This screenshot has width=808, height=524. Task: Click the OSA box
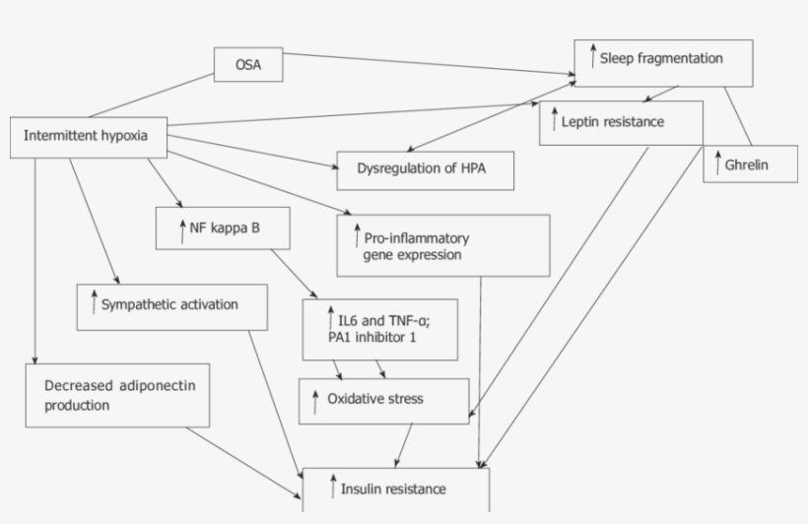pos(248,66)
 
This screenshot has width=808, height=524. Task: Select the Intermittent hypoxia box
pos(87,136)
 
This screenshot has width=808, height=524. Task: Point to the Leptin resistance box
pos(621,123)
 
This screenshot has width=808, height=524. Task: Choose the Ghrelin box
pos(750,164)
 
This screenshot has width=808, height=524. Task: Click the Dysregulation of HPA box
pos(425,170)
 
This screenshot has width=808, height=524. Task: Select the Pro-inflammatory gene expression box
pos(442,246)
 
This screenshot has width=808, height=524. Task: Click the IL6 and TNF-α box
pos(380,329)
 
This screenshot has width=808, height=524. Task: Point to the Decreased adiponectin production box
pos(117,394)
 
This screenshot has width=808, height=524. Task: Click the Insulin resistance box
pos(395,490)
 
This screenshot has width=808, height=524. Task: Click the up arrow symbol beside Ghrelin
pos(718,163)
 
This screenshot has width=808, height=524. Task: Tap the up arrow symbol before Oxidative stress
pos(315,400)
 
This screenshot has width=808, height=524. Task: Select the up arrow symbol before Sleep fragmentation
pos(592,56)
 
